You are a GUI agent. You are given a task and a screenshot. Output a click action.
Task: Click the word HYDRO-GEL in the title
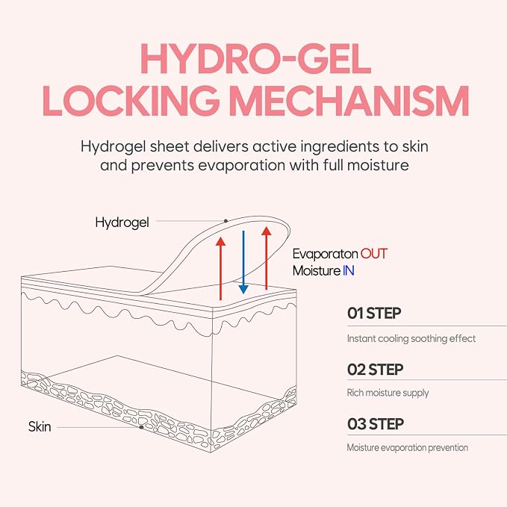point(256,60)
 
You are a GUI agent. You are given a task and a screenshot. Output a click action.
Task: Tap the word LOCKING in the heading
point(130,101)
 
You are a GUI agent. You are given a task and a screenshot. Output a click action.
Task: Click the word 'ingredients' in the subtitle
point(340,147)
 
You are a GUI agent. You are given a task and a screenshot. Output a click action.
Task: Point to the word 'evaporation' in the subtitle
point(241,165)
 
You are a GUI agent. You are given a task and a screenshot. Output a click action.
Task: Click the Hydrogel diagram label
point(122,223)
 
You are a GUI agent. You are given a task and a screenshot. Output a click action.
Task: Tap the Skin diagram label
point(40,426)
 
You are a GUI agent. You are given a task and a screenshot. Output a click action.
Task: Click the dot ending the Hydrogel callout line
point(225,221)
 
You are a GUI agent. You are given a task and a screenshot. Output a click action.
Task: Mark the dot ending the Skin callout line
point(141,427)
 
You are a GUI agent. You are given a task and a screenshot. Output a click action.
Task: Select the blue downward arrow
point(243,262)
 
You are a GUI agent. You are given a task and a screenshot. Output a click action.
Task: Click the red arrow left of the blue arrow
point(220,268)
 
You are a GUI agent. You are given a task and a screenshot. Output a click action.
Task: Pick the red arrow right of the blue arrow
point(266,258)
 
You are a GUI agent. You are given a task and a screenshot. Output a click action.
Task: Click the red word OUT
point(374,254)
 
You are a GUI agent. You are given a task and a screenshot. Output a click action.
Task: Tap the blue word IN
point(349,270)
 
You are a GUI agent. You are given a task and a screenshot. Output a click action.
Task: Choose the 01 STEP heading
point(374,313)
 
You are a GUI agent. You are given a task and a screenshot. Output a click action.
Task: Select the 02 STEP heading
point(375,370)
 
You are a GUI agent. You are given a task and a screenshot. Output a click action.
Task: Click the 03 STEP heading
point(376,424)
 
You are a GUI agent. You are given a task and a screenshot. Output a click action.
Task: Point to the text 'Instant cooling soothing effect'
point(411,338)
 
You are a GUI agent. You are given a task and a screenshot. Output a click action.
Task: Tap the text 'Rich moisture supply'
point(388,393)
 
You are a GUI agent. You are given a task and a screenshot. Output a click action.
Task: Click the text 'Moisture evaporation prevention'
point(408,447)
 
